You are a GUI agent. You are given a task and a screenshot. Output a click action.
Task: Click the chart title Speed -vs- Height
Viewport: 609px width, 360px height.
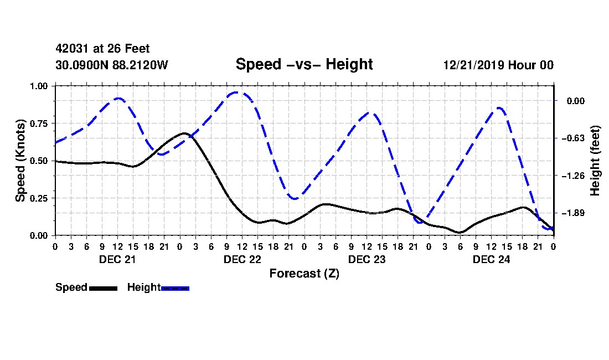[304, 64]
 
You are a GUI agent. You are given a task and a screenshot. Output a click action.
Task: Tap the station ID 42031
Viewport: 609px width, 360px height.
[73, 49]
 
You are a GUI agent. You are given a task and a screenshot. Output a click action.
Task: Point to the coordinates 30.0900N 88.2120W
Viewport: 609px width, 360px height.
[112, 65]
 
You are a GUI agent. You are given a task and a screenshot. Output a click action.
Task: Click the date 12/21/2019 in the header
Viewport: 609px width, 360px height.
[473, 65]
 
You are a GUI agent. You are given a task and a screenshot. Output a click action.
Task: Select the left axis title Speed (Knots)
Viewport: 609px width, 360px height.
[20, 161]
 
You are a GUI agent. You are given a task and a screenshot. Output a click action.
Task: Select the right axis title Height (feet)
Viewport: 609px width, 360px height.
[595, 161]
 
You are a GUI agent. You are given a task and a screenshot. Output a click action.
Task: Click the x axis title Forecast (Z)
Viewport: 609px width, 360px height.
[304, 274]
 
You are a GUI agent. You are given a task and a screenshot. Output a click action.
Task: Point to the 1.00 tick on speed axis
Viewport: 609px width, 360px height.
[39, 86]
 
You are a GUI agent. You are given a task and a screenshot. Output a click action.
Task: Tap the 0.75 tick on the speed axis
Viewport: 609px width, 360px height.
[39, 124]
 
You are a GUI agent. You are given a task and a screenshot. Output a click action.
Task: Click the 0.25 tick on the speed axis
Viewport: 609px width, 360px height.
[39, 198]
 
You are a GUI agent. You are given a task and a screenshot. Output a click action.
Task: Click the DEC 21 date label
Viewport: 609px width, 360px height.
[118, 259]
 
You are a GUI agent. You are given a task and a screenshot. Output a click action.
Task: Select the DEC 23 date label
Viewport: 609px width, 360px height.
[367, 259]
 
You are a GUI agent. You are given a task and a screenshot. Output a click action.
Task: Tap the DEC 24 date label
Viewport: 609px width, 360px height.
[491, 259]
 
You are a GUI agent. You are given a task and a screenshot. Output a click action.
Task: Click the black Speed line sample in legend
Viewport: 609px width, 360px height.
[104, 288]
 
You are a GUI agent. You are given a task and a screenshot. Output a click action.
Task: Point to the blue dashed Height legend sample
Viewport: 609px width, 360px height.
[175, 288]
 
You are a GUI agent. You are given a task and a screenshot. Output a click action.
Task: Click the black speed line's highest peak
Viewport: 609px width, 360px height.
[184, 133]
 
